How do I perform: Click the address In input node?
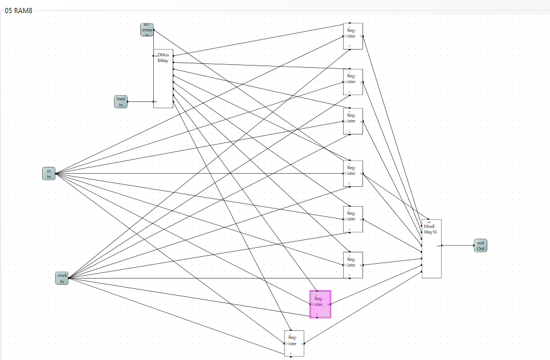[147, 30]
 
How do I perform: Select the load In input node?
[121, 101]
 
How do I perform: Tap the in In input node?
[49, 173]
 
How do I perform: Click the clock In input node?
[62, 278]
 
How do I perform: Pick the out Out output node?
[480, 246]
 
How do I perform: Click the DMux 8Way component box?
[163, 77]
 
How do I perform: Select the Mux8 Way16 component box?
[431, 249]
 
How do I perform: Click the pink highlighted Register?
[320, 304]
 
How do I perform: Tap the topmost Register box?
[353, 36]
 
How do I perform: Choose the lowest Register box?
[294, 343]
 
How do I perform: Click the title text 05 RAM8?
[18, 11]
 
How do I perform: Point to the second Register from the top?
[353, 82]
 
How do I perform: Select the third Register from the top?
[353, 121]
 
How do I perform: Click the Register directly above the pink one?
[353, 265]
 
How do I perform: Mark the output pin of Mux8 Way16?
[440, 246]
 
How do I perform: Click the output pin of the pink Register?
[330, 304]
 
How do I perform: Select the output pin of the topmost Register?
[361, 36]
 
